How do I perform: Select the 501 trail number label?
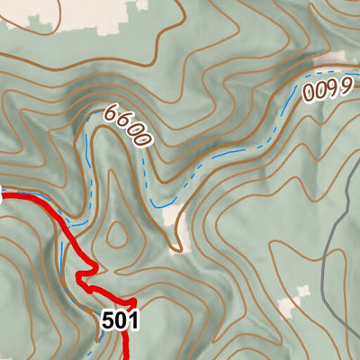120,319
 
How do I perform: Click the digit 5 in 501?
108,319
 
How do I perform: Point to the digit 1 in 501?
132,319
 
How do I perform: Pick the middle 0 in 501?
120,319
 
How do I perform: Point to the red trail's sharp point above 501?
133,299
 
